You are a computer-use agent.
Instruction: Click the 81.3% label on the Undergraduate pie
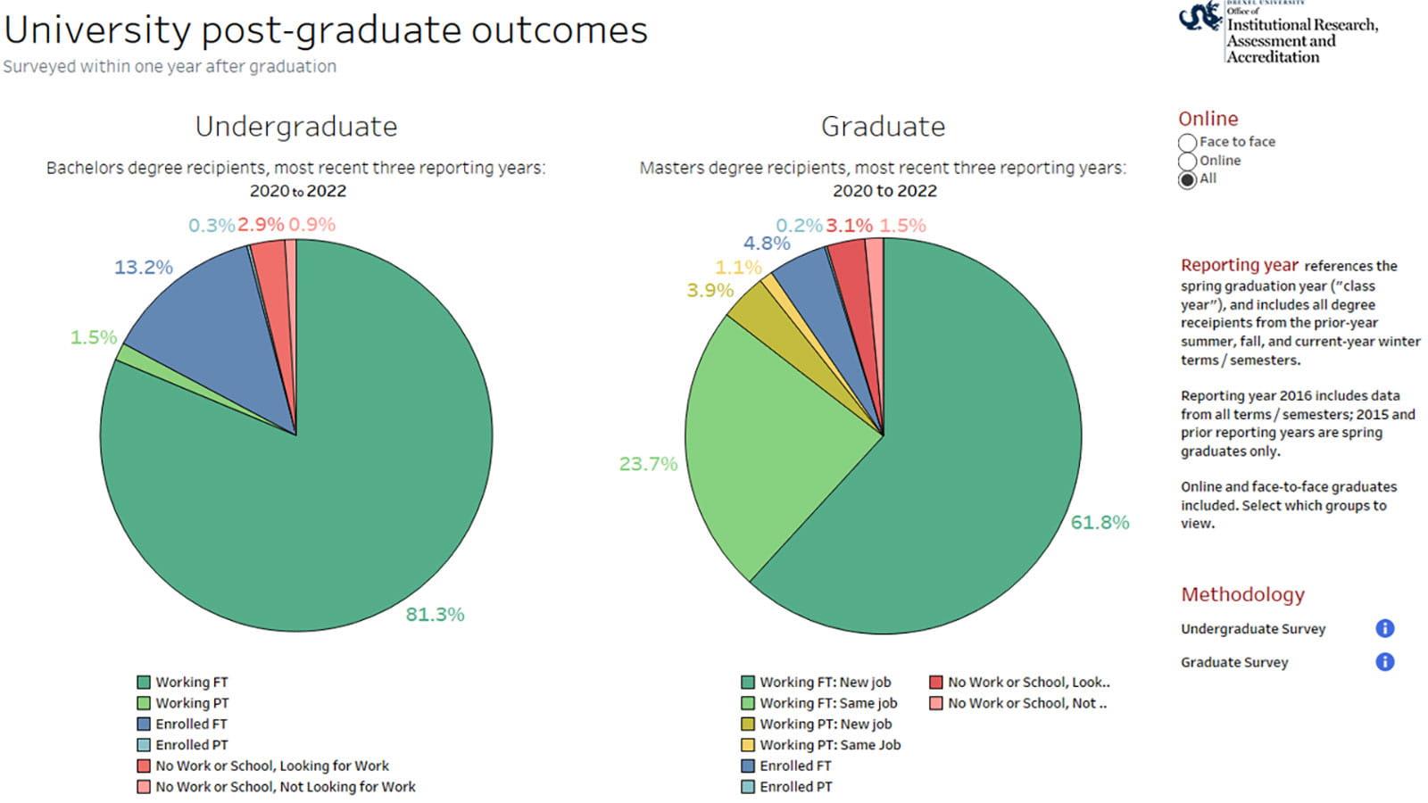[435, 614]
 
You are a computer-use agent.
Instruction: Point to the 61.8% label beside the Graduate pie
[1100, 522]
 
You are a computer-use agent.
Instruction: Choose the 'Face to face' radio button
[1187, 143]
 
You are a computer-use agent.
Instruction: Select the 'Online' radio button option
[1187, 161]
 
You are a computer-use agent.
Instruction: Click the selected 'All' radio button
[1187, 179]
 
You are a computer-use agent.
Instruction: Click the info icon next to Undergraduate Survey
[1384, 629]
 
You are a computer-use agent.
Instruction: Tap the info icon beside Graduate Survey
[1384, 662]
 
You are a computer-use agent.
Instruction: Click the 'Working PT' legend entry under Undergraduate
[191, 703]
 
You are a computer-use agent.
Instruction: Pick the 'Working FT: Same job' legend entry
[827, 703]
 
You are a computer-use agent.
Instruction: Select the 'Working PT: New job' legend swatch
[748, 724]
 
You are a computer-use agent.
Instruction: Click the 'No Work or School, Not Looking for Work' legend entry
[285, 787]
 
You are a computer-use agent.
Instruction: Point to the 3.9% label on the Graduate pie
[710, 290]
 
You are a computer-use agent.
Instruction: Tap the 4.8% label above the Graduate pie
[767, 243]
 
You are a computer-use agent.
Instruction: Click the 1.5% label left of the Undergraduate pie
[94, 337]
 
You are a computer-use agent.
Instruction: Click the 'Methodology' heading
[1242, 594]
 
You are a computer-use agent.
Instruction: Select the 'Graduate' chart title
[883, 127]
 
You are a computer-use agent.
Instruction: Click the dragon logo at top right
[1200, 16]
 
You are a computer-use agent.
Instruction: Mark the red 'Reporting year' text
[1239, 265]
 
